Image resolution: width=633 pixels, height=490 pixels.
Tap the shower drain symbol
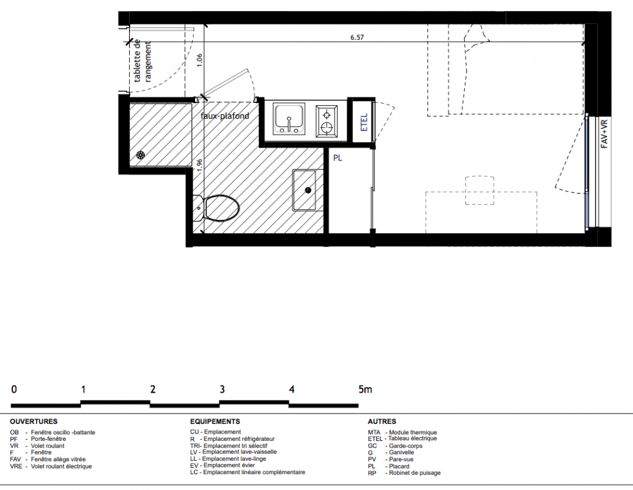[141, 155]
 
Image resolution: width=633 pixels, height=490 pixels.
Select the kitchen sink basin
[289, 119]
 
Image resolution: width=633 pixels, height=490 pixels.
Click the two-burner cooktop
[326, 121]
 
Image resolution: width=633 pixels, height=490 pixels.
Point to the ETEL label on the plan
[364, 122]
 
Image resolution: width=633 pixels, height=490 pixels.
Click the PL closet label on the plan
[338, 158]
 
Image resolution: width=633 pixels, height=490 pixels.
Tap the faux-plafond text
[225, 116]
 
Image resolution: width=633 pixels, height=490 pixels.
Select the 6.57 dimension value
[357, 37]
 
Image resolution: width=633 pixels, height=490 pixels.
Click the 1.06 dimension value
[200, 61]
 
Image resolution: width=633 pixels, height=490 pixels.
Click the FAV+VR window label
[604, 134]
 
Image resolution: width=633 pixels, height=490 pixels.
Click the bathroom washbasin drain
[309, 190]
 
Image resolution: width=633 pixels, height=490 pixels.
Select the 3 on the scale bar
[222, 390]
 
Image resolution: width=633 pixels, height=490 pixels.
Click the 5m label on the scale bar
[365, 390]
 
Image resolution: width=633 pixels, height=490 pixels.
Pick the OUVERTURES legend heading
[34, 421]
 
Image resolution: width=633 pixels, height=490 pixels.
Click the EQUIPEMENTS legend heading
[215, 421]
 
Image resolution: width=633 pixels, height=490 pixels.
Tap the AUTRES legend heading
[382, 421]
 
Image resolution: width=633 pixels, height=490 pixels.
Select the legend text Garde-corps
[405, 446]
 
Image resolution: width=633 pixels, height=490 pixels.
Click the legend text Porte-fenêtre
[48, 439]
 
